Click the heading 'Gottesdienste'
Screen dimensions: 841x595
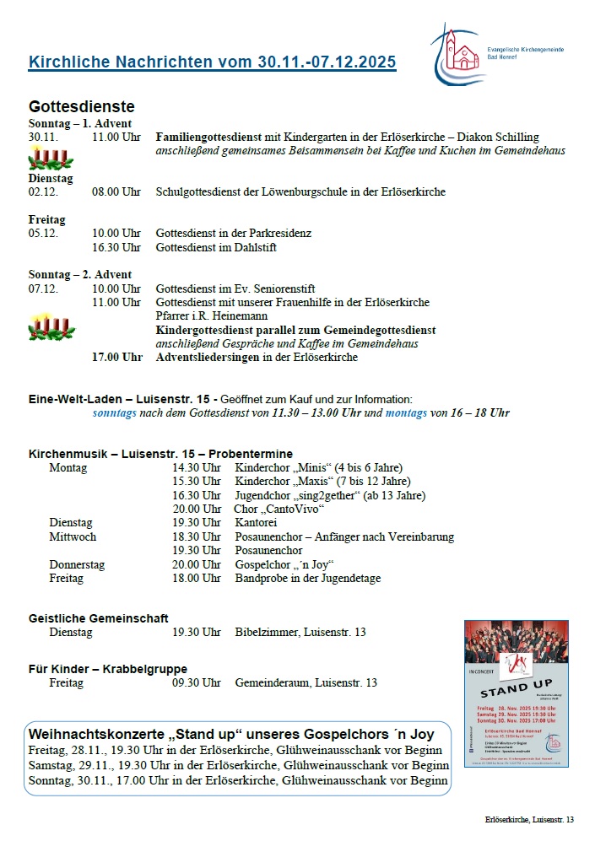click(81, 107)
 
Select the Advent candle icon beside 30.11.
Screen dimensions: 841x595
click(50, 158)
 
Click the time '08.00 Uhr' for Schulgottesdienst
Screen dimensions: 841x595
click(116, 191)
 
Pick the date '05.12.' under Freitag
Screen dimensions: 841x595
click(43, 233)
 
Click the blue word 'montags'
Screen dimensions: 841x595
click(407, 412)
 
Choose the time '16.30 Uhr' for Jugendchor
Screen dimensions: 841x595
click(197, 495)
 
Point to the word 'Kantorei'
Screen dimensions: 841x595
click(256, 523)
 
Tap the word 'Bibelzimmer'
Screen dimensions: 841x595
click(265, 632)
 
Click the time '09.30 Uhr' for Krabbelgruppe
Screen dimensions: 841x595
click(197, 682)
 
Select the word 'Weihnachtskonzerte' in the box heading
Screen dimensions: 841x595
click(99, 734)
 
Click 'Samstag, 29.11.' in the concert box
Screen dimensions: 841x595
click(70, 765)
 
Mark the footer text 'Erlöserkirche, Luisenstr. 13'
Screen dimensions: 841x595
click(529, 819)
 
